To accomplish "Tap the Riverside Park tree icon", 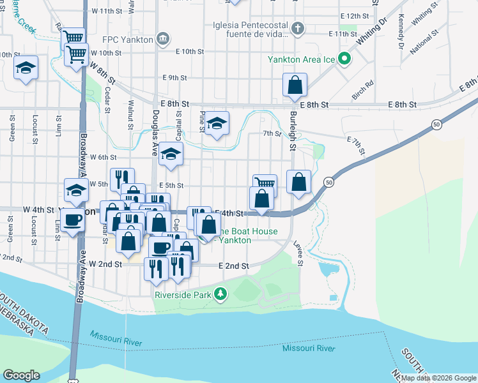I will click(x=220, y=294).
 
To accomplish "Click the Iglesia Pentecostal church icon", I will click(x=297, y=29).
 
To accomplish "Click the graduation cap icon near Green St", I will click(x=26, y=68).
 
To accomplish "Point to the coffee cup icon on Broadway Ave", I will click(x=74, y=220).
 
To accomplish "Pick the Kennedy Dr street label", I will click(x=401, y=33).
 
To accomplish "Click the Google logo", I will click(x=22, y=375).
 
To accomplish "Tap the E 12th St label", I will click(x=355, y=15).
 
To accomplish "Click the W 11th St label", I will click(x=106, y=11).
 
